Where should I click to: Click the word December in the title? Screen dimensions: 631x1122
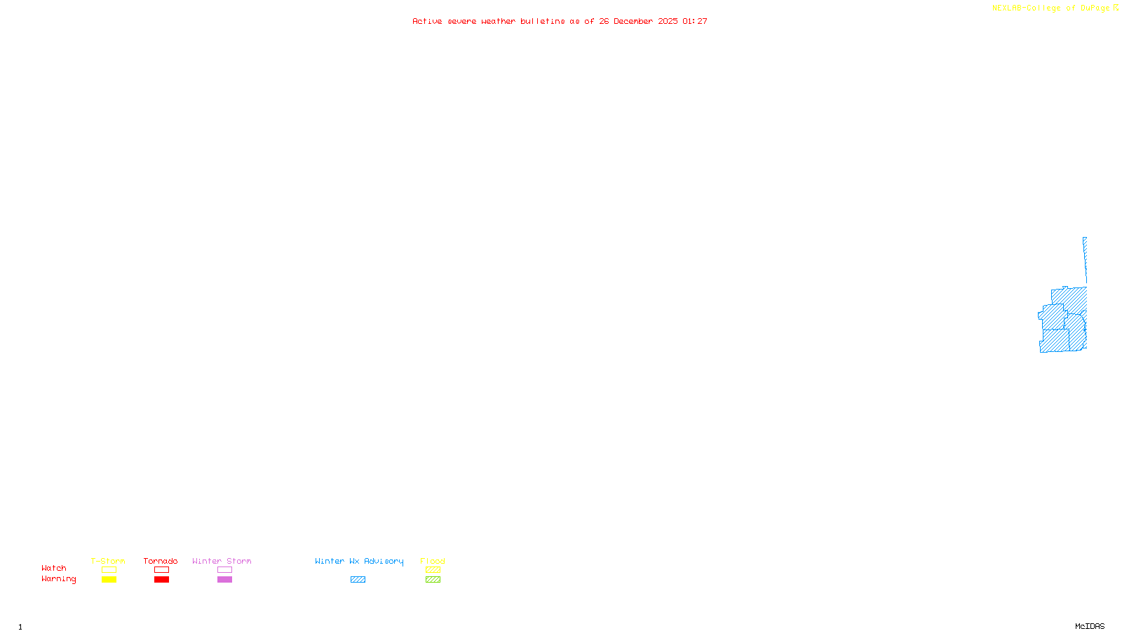coord(633,21)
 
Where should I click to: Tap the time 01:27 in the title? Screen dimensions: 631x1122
coord(694,21)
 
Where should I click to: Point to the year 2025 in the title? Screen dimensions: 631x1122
coord(668,21)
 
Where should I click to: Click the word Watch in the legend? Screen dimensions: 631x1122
coord(54,568)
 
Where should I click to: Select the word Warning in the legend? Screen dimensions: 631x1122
coord(58,579)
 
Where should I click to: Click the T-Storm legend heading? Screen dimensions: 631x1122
coord(108,561)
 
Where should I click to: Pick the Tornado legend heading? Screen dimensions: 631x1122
coord(161,561)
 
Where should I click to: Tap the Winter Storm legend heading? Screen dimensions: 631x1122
coord(222,561)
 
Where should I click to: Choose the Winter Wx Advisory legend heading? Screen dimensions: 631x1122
coord(359,561)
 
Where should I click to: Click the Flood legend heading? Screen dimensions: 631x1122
coord(433,561)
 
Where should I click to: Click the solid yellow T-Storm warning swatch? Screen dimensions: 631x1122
coord(109,580)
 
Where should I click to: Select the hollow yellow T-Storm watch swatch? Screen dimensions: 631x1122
coord(109,570)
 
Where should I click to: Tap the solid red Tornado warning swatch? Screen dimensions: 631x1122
coord(162,580)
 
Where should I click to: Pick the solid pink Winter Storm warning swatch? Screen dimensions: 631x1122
coord(224,580)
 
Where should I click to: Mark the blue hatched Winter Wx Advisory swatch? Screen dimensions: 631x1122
coord(358,580)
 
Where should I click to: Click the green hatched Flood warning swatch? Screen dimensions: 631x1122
coord(433,580)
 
